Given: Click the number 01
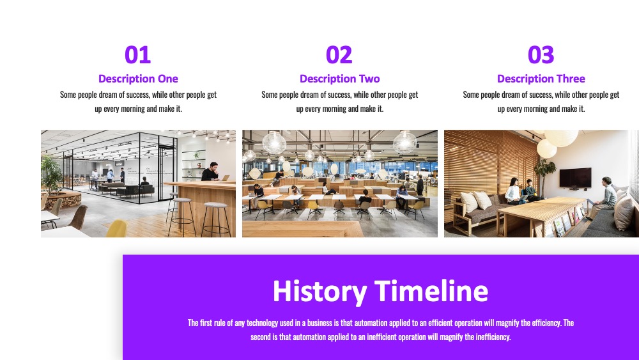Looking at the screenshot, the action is coord(138,54).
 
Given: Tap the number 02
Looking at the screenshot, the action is coord(339,54).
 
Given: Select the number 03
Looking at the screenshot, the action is coord(541,54).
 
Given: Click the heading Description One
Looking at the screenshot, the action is coord(138,79).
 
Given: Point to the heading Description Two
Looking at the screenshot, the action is coord(340,79).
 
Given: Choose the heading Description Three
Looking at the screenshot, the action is coord(541,79).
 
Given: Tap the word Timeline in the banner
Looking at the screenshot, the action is coord(431,291).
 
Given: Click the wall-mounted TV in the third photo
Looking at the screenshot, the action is coord(576,178).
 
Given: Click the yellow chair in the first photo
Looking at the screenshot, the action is coord(116,228).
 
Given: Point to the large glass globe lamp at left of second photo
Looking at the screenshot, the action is coord(274,143).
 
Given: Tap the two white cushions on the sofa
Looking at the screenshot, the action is coord(476,201).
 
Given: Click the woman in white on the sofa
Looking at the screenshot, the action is coord(514,191).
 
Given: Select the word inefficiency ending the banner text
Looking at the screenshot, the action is coord(493,337).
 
